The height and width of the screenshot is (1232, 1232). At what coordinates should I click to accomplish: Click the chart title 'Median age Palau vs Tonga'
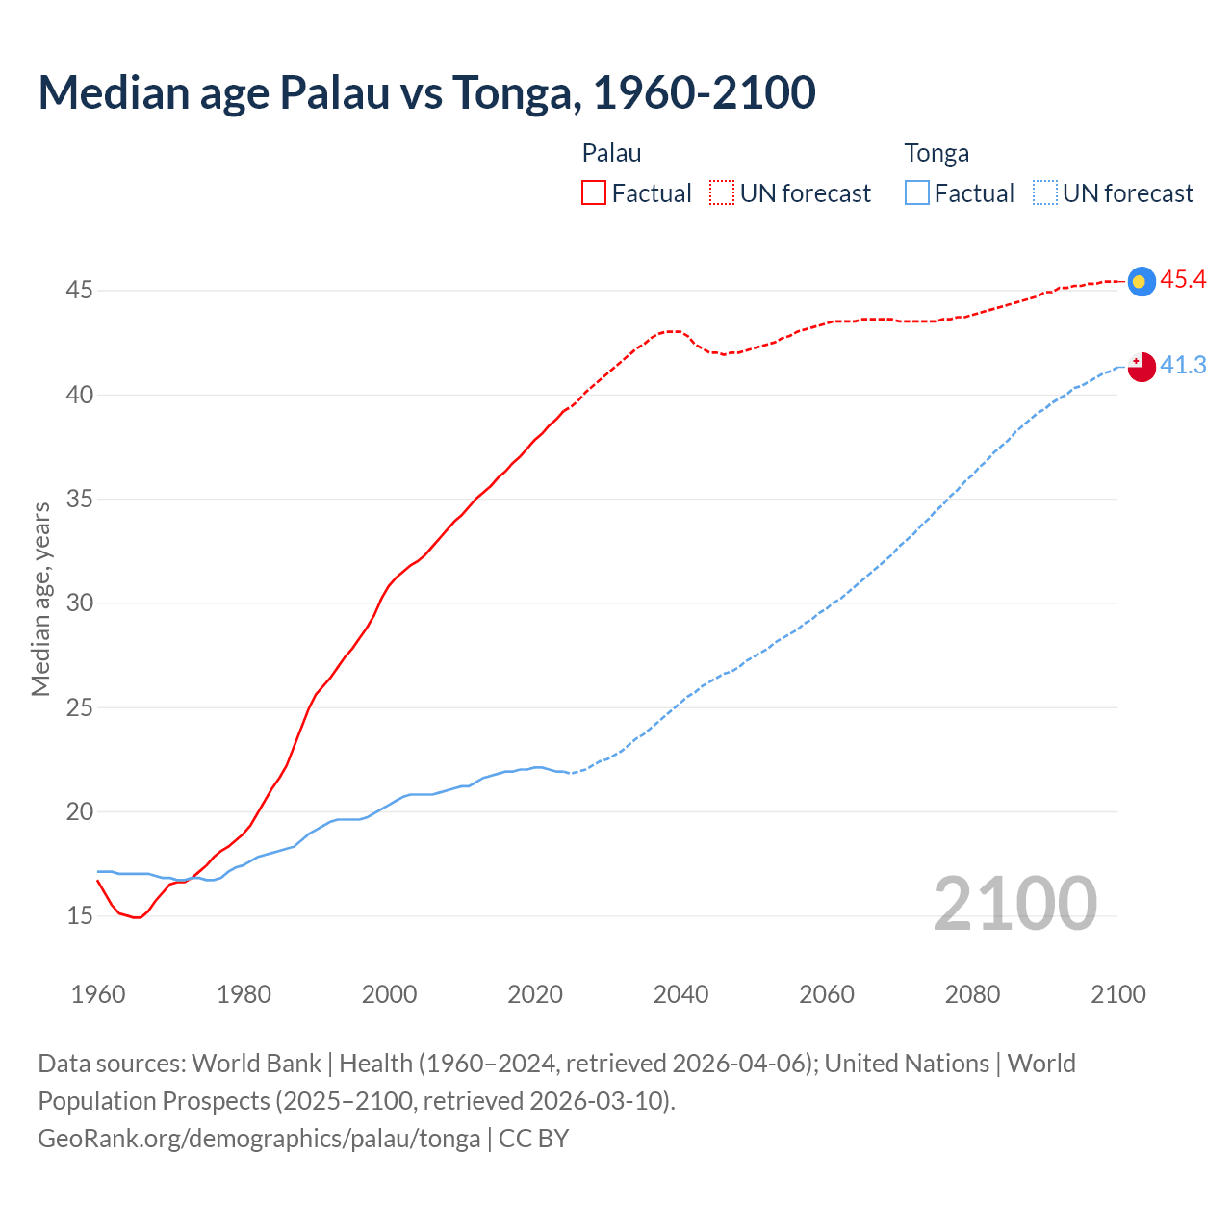[x=426, y=92]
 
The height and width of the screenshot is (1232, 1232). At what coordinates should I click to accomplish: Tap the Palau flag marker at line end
[x=1141, y=281]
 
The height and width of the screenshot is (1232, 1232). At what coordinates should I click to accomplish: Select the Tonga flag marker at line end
[x=1141, y=366]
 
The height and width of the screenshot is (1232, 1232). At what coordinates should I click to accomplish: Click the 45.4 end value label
[x=1183, y=280]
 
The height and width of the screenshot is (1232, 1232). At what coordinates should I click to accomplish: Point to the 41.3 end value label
[x=1183, y=366]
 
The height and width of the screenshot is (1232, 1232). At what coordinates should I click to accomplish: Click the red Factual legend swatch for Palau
[x=594, y=193]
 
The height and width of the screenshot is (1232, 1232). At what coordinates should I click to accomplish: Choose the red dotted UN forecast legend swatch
[x=722, y=193]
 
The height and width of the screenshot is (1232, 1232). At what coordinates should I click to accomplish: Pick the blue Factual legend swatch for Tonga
[x=917, y=193]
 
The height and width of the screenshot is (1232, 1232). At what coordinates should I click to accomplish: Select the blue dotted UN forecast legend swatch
[x=1044, y=193]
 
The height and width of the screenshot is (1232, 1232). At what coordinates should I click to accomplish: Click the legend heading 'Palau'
[x=611, y=153]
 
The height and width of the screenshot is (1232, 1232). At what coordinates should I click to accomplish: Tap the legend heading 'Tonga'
[x=937, y=153]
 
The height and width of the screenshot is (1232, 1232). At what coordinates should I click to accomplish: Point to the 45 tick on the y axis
[x=79, y=291]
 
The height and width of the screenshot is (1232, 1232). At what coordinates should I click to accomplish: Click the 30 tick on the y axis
[x=79, y=603]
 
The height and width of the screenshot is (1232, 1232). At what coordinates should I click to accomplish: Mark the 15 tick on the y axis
[x=79, y=916]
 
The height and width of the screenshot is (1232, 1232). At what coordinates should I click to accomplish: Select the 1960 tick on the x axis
[x=98, y=994]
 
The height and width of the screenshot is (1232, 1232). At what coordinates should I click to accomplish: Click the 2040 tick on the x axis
[x=680, y=994]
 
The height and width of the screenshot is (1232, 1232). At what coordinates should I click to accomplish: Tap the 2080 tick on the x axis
[x=972, y=994]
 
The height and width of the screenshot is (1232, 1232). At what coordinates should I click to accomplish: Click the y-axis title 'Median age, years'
[x=40, y=599]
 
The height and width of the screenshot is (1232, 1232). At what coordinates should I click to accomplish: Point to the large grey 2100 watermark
[x=1014, y=904]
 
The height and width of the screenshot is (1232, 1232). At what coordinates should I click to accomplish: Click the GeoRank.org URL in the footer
[x=259, y=1139]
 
